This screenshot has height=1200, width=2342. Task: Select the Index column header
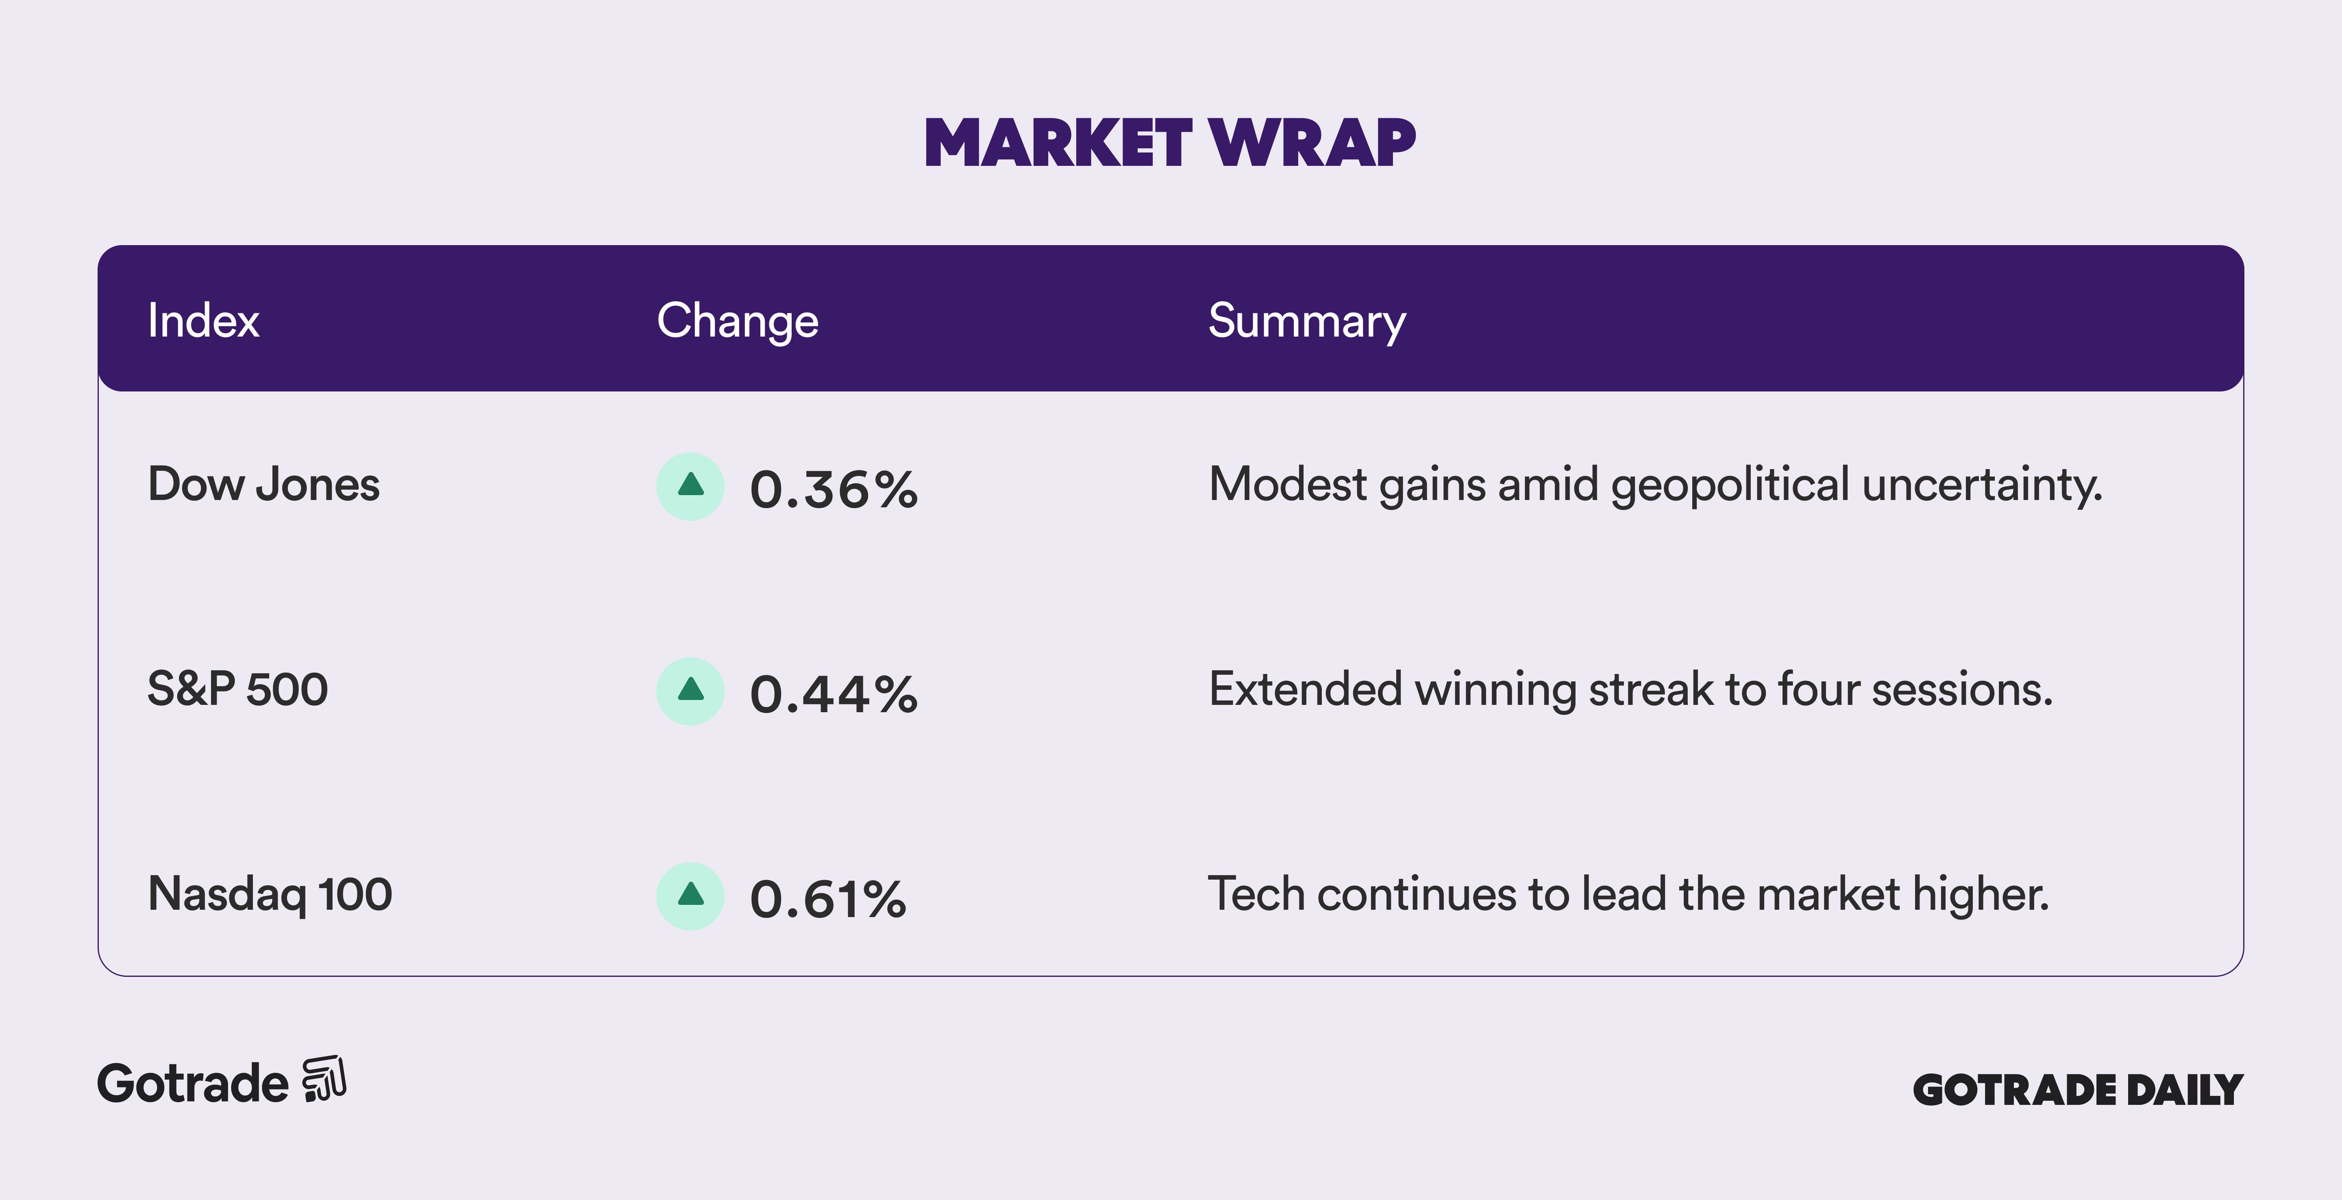[x=204, y=321]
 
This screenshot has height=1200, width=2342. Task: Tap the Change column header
[x=737, y=321]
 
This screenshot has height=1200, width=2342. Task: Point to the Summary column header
[x=1306, y=321]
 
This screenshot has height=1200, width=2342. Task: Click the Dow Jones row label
[x=263, y=485]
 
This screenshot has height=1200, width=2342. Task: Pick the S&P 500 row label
[x=237, y=689]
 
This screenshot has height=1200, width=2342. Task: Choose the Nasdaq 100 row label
[x=270, y=895]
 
